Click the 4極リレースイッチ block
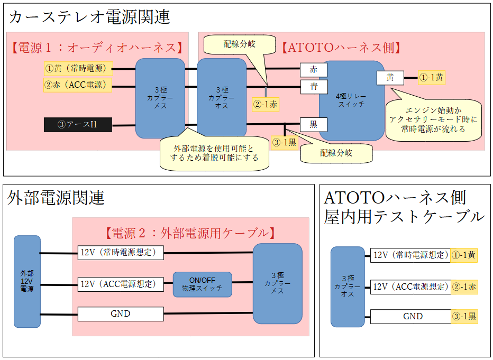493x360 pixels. tap(351, 100)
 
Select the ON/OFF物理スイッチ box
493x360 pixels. tap(202, 284)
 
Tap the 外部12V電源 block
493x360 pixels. tap(27, 281)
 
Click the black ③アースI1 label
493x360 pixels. tap(78, 125)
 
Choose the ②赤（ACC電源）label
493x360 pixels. tap(77, 85)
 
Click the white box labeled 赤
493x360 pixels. tap(314, 69)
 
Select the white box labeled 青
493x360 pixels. tap(314, 86)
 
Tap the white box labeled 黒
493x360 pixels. tap(313, 125)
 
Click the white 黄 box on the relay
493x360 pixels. tap(390, 78)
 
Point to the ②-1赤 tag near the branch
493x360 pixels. tap(266, 105)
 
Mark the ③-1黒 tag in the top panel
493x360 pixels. tap(284, 142)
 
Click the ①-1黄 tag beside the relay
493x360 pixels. tap(431, 78)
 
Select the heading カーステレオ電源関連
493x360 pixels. tap(89, 17)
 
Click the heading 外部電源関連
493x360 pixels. tap(57, 198)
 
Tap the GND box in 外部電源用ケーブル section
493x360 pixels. tap(121, 314)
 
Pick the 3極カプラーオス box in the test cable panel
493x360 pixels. tap(348, 285)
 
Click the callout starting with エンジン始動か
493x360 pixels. tap(433, 119)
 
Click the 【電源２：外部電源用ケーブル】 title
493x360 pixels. tap(190, 233)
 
